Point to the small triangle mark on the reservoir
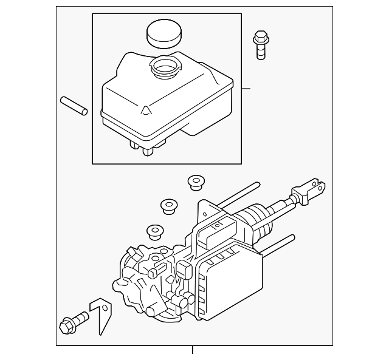[146, 110]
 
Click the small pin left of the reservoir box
[74, 105]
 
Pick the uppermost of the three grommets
[196, 182]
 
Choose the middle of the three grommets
[168, 206]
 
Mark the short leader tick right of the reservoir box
[246, 89]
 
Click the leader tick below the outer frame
[193, 350]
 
